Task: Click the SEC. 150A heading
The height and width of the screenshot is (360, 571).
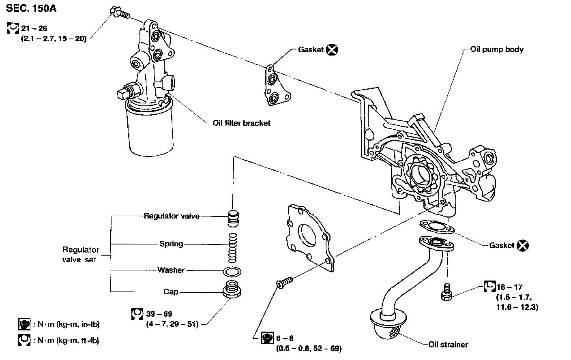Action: pyautogui.click(x=31, y=9)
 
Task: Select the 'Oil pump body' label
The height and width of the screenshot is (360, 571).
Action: pyautogui.click(x=497, y=49)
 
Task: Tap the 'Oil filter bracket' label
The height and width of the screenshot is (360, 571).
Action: pyautogui.click(x=241, y=122)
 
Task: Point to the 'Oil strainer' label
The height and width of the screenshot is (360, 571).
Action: pyautogui.click(x=448, y=345)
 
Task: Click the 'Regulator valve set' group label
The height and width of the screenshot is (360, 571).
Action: pyautogui.click(x=80, y=255)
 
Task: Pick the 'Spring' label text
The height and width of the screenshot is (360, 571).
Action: pyautogui.click(x=171, y=244)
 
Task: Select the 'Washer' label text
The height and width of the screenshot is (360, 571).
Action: pyautogui.click(x=171, y=270)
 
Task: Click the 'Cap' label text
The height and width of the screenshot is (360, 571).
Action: pyautogui.click(x=171, y=292)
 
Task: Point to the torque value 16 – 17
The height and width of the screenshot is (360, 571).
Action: pyautogui.click(x=509, y=287)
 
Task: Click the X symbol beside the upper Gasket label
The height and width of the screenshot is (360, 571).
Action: pyautogui.click(x=332, y=50)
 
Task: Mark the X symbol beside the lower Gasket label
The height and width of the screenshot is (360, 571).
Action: pyautogui.click(x=523, y=245)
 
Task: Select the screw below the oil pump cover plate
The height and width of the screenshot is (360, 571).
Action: pyautogui.click(x=285, y=282)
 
